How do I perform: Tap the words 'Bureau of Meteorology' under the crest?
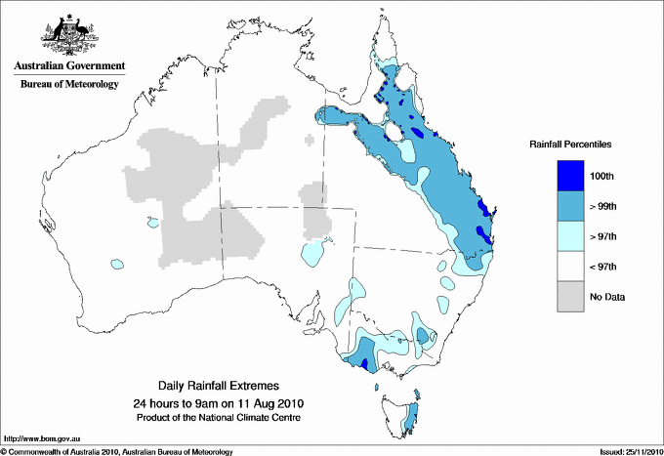(69, 84)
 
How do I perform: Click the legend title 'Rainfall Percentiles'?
(570, 145)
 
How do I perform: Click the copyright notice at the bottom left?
(117, 451)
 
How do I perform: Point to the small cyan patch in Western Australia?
(117, 264)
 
